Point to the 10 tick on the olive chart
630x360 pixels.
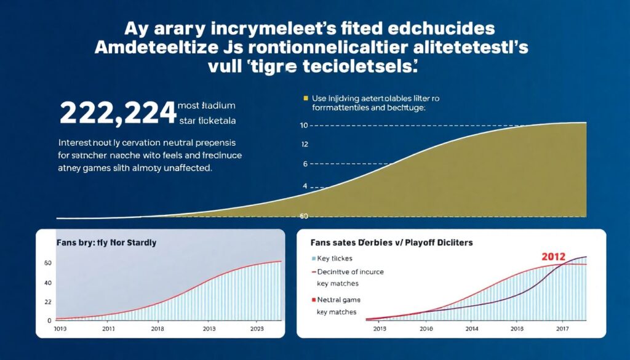(x=303, y=126)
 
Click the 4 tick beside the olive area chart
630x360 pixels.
(x=303, y=185)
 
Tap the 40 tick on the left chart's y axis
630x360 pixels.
(x=47, y=282)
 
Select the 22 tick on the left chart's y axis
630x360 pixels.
(x=47, y=302)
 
